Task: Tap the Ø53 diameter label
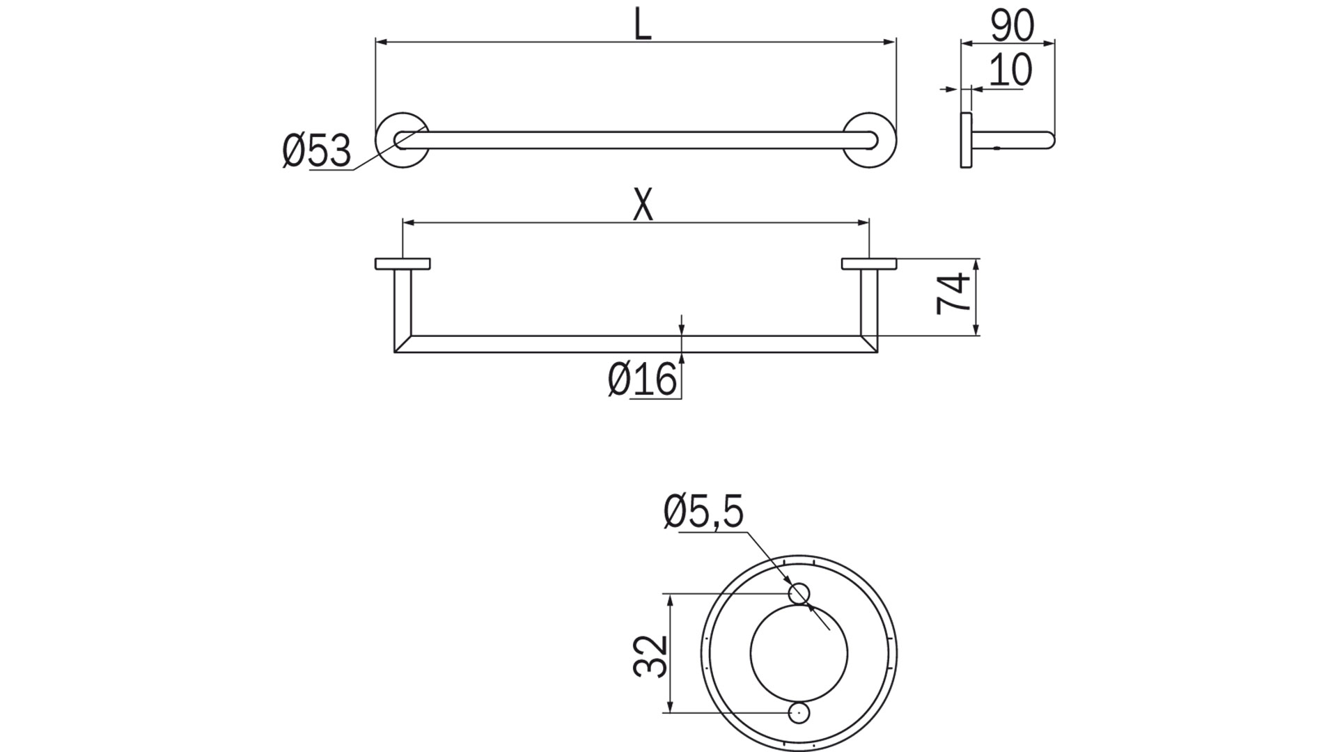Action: point(317,151)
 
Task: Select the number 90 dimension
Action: point(1012,26)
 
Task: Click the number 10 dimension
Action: point(1010,70)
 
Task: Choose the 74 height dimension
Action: point(953,295)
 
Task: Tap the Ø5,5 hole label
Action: point(703,512)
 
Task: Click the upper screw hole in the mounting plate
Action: point(799,593)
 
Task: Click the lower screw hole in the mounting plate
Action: point(799,712)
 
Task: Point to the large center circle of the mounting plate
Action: point(799,653)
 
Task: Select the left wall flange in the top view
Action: point(402,263)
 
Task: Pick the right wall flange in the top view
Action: point(868,263)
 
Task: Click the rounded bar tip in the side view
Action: point(1049,140)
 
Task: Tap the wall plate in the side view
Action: point(966,139)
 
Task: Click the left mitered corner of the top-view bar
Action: point(402,344)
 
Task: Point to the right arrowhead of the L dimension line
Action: point(891,42)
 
